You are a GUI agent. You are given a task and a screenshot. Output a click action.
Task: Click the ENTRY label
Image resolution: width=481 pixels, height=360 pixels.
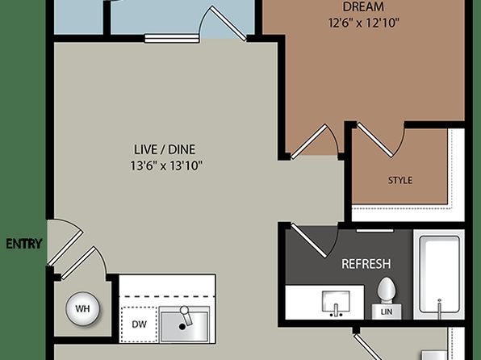[24, 244]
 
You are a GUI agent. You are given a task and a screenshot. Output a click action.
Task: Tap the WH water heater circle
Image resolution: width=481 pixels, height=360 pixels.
[82, 308]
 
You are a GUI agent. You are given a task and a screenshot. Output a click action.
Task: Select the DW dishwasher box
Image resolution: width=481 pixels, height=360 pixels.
[139, 324]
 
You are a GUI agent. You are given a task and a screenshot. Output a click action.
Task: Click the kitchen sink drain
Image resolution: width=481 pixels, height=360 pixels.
[182, 327]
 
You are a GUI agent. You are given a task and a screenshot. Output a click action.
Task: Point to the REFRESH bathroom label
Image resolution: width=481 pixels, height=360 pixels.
[366, 264]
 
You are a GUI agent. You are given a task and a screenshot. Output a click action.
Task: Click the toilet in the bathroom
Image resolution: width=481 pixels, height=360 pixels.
[387, 291]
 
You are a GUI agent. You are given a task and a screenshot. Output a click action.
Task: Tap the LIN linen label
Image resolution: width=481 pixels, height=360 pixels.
[387, 312]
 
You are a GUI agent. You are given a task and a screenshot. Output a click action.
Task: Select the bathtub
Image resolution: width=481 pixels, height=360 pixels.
[439, 274]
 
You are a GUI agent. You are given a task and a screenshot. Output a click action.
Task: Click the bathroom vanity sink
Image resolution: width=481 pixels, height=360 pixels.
[336, 302]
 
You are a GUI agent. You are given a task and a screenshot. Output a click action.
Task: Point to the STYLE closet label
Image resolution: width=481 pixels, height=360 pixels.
[400, 180]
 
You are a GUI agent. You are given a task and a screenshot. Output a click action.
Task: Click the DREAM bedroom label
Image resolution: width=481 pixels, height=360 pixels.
[363, 6]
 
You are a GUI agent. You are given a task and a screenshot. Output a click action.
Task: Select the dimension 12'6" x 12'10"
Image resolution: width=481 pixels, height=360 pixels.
[363, 23]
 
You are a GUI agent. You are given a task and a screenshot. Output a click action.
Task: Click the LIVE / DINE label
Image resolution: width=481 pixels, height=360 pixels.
[165, 149]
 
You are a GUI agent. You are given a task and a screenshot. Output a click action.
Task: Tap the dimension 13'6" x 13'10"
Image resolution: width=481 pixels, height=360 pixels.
[166, 166]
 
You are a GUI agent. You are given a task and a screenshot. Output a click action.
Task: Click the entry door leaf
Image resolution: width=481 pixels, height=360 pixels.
[65, 248]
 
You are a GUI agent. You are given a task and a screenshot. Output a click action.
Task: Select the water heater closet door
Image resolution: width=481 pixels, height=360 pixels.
[79, 263]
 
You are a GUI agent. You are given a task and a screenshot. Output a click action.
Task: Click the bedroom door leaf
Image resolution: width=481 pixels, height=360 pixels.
[308, 142]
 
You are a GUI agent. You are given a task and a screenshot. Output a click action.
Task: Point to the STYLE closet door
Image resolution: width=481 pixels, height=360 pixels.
[374, 140]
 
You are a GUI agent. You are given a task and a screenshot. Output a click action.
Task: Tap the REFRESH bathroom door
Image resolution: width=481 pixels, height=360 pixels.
[309, 241]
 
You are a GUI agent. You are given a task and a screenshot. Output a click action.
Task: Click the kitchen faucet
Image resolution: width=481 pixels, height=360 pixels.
[186, 315]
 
